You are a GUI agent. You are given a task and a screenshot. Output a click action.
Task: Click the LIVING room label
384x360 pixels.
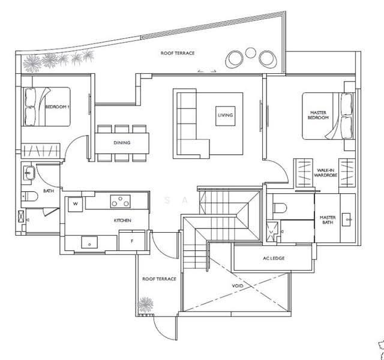(226, 115)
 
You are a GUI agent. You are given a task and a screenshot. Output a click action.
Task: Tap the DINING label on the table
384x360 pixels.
(122, 143)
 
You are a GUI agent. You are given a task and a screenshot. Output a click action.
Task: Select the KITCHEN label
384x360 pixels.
(122, 220)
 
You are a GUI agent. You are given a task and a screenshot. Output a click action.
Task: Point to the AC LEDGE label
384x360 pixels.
(274, 258)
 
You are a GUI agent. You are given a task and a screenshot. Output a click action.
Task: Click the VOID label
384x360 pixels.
(238, 286)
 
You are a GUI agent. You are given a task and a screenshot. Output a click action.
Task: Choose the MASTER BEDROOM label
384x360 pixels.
(318, 115)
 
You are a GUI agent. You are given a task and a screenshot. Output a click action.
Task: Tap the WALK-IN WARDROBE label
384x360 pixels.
(325, 173)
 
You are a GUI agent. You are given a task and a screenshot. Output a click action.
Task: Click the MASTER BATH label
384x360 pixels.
(328, 220)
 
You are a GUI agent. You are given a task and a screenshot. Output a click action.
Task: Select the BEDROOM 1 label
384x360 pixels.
(58, 107)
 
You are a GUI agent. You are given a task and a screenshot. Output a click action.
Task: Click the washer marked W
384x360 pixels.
(75, 204)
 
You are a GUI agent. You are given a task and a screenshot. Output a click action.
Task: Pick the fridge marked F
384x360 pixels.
(132, 241)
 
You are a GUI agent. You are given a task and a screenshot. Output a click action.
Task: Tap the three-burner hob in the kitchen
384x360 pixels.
(120, 202)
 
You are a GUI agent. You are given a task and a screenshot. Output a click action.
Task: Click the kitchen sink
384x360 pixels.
(89, 242)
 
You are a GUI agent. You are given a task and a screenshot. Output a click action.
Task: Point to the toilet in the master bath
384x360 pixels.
(280, 208)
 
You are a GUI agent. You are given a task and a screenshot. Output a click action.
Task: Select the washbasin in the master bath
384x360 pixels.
(346, 220)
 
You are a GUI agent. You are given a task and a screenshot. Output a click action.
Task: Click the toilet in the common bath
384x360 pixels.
(29, 196)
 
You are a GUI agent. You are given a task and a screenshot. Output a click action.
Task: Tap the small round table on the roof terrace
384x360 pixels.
(251, 53)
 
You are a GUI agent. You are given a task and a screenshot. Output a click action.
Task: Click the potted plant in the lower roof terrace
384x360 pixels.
(145, 305)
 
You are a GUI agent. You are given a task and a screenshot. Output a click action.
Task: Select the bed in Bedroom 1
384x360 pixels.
(47, 107)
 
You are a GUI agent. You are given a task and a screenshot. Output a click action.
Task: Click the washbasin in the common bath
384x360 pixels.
(29, 173)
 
